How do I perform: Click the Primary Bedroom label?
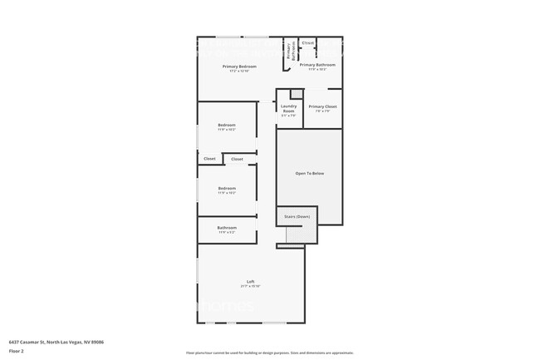(238, 66)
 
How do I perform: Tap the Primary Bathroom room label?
(317, 65)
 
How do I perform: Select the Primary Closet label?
(322, 106)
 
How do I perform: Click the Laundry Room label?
(288, 107)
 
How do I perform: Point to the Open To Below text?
(309, 173)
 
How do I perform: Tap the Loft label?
(250, 280)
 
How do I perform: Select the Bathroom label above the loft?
(227, 227)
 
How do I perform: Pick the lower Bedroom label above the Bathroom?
(227, 188)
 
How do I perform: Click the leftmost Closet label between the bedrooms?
(209, 158)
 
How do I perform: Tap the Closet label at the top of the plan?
(307, 42)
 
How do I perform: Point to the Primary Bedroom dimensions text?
(238, 71)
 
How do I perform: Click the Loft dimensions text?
(250, 286)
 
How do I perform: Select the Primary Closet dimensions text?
(322, 111)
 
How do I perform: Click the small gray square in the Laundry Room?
(295, 93)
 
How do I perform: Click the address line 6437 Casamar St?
(56, 342)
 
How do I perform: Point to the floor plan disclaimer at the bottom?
(269, 353)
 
